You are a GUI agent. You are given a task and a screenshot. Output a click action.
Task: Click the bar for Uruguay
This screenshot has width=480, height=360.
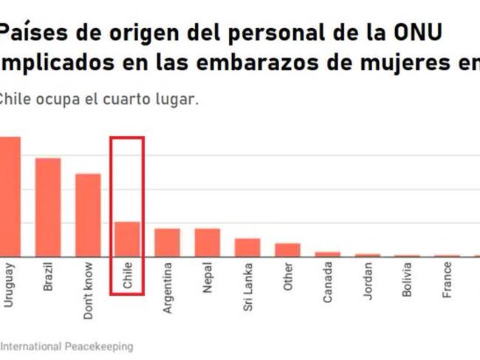[10, 197]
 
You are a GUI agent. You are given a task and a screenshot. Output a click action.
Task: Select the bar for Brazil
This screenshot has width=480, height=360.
[48, 207]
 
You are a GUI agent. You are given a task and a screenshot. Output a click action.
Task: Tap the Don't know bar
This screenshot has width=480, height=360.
[88, 215]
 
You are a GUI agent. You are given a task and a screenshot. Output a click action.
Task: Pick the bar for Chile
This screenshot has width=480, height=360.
[127, 239]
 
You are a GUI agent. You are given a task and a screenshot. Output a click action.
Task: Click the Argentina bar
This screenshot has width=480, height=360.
[167, 242]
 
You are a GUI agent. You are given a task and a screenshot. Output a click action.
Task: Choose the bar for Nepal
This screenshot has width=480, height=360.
[208, 242]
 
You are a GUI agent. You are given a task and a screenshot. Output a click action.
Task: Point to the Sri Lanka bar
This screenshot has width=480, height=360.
[247, 248]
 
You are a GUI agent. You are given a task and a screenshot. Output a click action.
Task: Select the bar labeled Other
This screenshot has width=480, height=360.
[287, 250]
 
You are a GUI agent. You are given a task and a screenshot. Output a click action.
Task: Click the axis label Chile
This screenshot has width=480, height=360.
[128, 275]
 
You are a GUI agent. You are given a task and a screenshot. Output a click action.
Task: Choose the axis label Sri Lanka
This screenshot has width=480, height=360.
[247, 286]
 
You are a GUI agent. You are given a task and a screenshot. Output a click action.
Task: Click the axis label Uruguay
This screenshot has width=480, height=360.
[9, 284]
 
